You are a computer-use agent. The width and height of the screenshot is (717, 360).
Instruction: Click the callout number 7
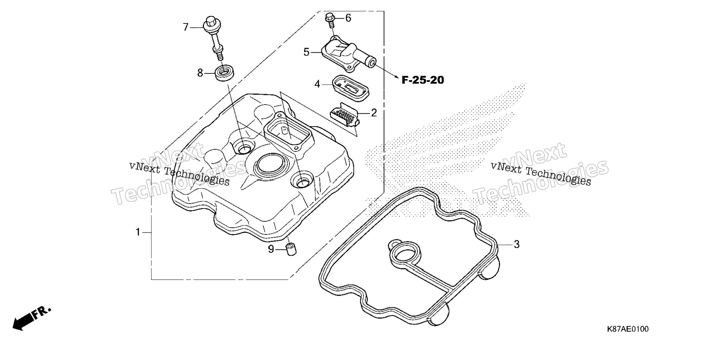pos(186,27)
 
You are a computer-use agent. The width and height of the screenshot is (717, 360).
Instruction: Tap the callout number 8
pos(200,73)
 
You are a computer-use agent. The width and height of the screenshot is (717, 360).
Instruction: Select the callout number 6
pos(348,18)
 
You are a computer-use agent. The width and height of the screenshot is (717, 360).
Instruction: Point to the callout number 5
pos(306,52)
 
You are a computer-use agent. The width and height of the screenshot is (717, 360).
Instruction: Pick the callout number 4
pos(317,84)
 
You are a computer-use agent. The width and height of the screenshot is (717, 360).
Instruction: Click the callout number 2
pos(374,113)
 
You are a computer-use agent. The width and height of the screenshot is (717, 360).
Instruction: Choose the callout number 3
pos(516,244)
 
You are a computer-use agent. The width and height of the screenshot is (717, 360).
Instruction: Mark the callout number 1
pos(138,232)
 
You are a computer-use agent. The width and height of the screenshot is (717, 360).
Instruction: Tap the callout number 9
pos(271,249)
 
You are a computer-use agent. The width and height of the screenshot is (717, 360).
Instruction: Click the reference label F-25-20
pos(423,80)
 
